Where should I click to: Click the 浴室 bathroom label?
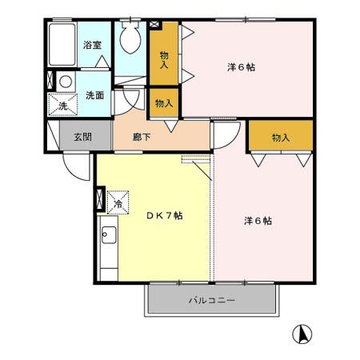click(x=92, y=45)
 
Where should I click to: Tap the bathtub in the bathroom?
click(x=62, y=44)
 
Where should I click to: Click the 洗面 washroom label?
click(x=94, y=95)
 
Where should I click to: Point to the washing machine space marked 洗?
click(x=62, y=105)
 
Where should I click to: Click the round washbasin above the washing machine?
click(x=66, y=82)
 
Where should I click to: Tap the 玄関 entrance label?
click(x=83, y=137)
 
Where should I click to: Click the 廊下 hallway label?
click(x=142, y=137)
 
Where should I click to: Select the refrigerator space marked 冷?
click(x=118, y=202)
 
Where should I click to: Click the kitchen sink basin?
click(x=109, y=234)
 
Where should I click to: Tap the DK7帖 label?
click(x=165, y=215)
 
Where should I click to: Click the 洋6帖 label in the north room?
click(x=242, y=67)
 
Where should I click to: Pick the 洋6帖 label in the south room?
click(x=258, y=221)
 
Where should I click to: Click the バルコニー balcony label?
click(x=212, y=301)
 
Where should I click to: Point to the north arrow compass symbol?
click(x=302, y=334)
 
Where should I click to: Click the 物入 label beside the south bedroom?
click(x=281, y=138)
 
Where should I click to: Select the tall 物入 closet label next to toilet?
click(x=164, y=60)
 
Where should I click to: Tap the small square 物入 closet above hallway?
click(x=164, y=103)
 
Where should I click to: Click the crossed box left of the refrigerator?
click(x=99, y=198)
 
